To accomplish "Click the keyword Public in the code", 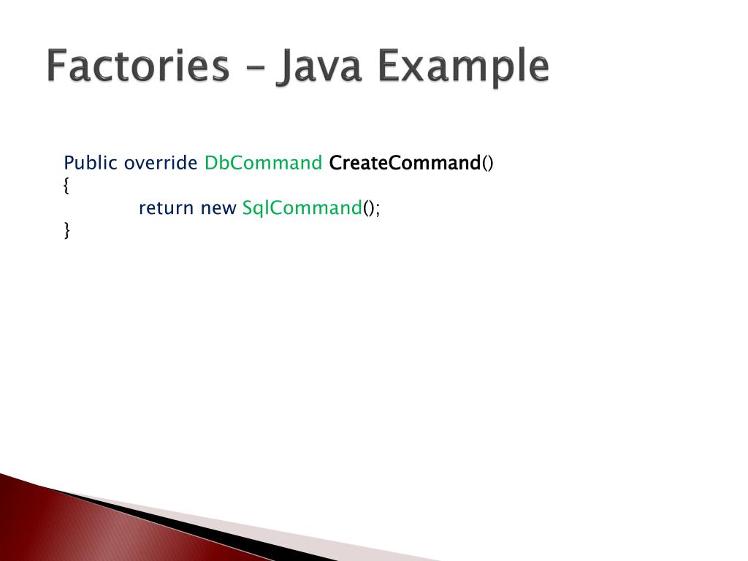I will (91, 163).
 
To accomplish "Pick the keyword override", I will (161, 163).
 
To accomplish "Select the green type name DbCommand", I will (263, 163).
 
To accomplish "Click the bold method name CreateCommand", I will (405, 163).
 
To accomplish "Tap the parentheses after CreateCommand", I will (488, 163).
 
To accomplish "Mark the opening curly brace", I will (67, 186).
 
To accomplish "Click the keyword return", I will (167, 208).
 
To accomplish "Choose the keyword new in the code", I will (218, 208).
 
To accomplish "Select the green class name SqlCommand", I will (302, 208).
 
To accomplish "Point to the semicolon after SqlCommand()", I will (378, 210).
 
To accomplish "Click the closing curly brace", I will (67, 231).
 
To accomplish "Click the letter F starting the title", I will (58, 67).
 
